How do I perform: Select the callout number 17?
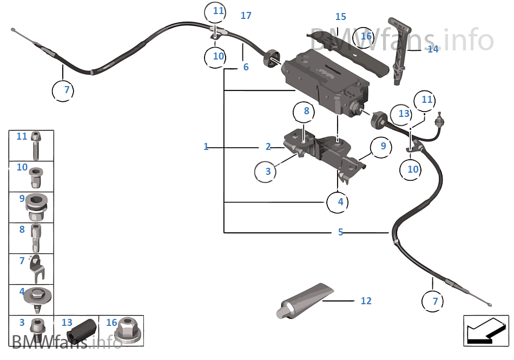[246, 16]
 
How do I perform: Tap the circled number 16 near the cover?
[366, 36]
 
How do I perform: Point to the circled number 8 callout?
[306, 112]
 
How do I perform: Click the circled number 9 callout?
[383, 146]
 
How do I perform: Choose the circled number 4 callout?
[340, 202]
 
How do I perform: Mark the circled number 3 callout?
[268, 172]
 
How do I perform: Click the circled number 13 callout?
[404, 114]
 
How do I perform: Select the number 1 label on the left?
[206, 147]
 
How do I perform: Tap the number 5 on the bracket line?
[340, 232]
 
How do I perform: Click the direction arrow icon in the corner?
[485, 330]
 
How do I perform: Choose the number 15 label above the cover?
[340, 17]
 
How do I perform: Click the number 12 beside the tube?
[366, 300]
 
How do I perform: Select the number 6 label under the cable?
[246, 67]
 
